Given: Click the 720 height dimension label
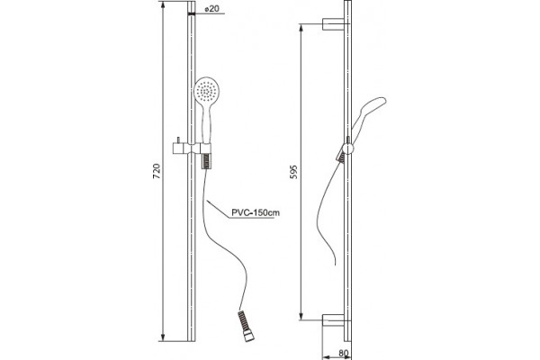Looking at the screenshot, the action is click(157, 171).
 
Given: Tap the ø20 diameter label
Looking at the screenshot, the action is click(211, 9).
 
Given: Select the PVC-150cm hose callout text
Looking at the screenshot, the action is click(256, 212).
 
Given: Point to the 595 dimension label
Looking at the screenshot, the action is click(293, 172).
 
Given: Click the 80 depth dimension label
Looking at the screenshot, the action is click(343, 353).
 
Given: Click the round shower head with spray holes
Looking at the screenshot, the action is click(206, 90).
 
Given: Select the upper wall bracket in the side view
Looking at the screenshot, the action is click(333, 24).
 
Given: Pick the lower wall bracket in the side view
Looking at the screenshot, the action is click(333, 320).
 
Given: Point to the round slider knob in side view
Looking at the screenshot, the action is click(347, 148).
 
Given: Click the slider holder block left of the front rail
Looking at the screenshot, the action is click(179, 148).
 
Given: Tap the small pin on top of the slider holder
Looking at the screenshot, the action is click(178, 139).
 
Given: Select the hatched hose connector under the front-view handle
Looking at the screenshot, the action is click(205, 161).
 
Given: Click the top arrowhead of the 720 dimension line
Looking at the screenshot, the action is click(163, 4).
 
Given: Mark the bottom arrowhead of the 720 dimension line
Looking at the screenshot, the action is click(163, 337).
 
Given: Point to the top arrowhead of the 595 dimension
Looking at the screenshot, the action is click(301, 28).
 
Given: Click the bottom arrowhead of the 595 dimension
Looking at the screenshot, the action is click(301, 316).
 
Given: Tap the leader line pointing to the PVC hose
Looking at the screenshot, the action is click(218, 209).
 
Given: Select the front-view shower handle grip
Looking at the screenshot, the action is click(206, 122).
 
